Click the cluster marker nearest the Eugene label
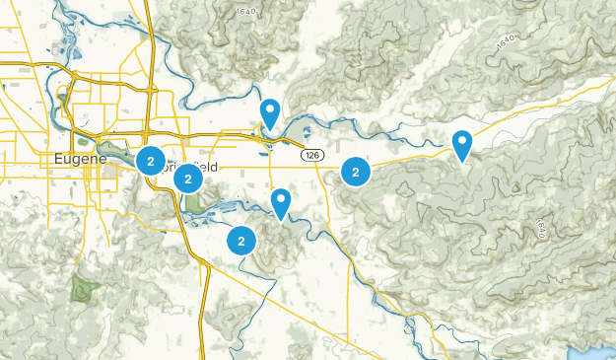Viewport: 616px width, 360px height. (x=150, y=160)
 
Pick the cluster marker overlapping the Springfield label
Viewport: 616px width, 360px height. (x=187, y=179)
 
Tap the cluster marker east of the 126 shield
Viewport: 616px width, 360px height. (x=355, y=172)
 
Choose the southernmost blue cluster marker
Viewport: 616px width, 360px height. (x=241, y=240)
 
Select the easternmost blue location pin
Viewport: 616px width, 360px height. (x=462, y=145)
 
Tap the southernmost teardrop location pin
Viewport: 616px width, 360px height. (x=281, y=201)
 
